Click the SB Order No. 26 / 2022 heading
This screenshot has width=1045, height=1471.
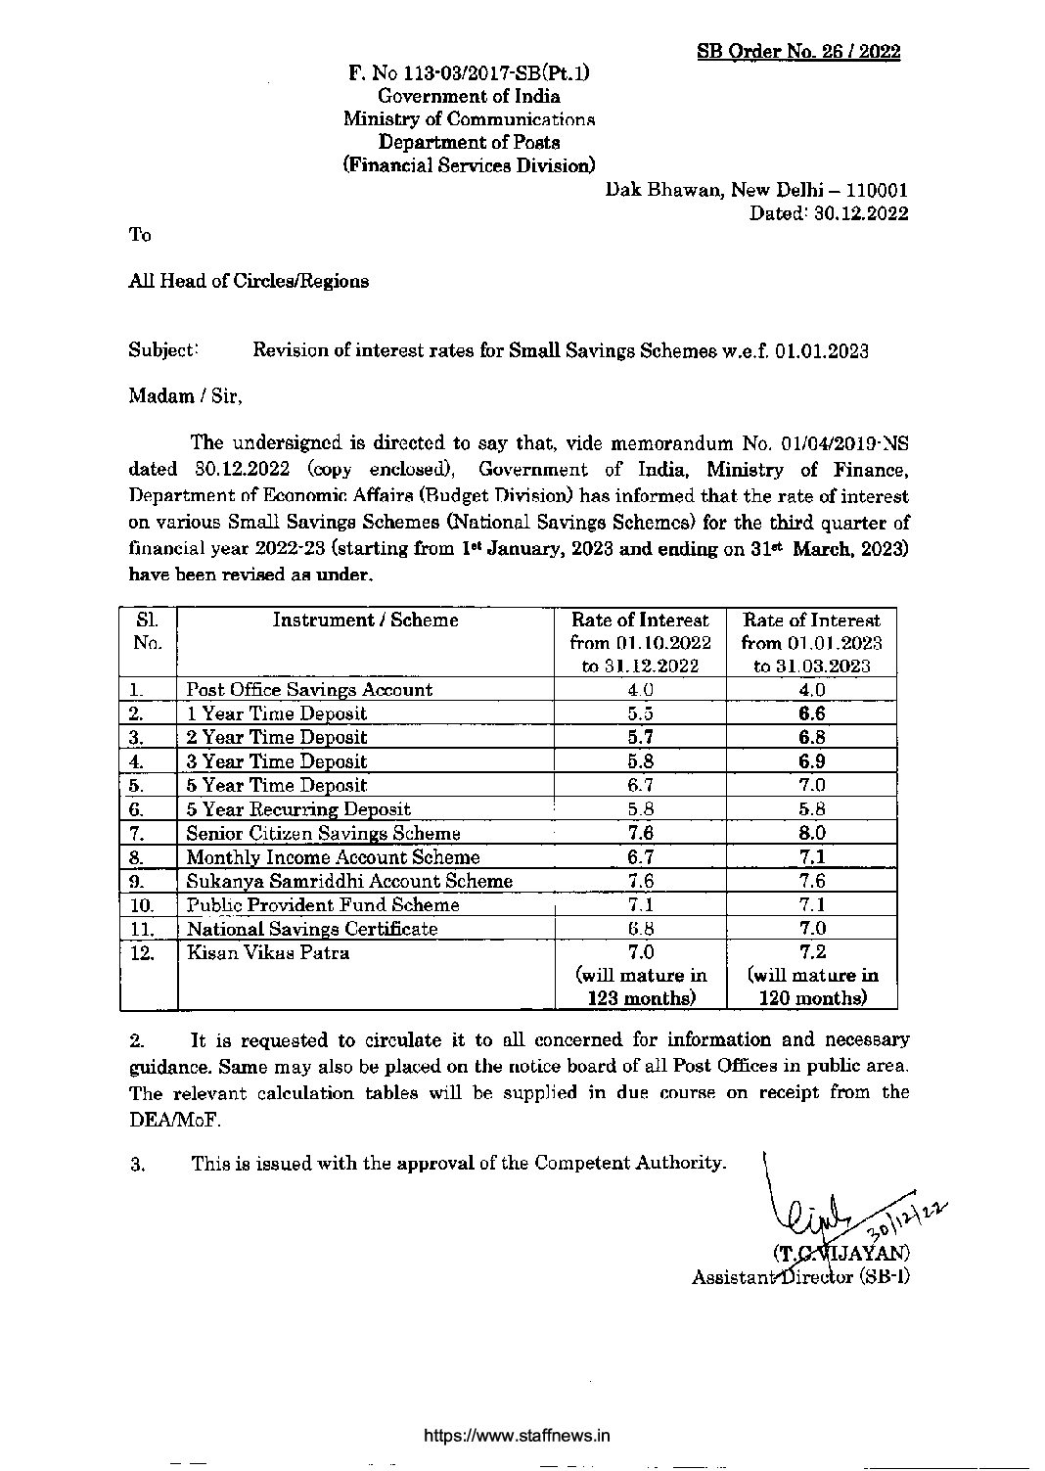pyautogui.click(x=798, y=52)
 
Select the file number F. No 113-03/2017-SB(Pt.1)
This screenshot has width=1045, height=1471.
pyautogui.click(x=469, y=72)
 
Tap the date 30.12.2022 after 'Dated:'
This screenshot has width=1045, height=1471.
pyautogui.click(x=860, y=213)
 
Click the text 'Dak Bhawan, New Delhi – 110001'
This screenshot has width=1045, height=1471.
pyautogui.click(x=756, y=190)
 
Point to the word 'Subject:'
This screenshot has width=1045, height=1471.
pyautogui.click(x=163, y=349)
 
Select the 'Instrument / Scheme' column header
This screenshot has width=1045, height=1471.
pyautogui.click(x=365, y=620)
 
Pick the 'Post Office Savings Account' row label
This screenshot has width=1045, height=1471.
pyautogui.click(x=309, y=689)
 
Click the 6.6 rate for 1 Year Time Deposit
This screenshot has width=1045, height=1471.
pyautogui.click(x=811, y=713)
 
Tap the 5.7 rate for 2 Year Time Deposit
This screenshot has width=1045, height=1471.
pyautogui.click(x=641, y=737)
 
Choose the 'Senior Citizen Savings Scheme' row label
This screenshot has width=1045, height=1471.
pyautogui.click(x=323, y=833)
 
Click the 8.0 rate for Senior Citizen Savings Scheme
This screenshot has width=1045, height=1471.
pyautogui.click(x=811, y=833)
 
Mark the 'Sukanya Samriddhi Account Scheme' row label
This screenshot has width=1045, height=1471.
pyautogui.click(x=349, y=881)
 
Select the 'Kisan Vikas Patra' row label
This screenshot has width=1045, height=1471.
pyautogui.click(x=267, y=952)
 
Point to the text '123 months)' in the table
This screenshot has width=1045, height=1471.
pyautogui.click(x=641, y=998)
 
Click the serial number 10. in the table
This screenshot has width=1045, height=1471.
pyautogui.click(x=142, y=905)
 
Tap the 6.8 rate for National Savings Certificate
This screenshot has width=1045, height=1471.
pyautogui.click(x=641, y=929)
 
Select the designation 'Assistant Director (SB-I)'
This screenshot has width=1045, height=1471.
pyautogui.click(x=800, y=1277)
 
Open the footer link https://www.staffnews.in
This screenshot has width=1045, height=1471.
pyautogui.click(x=517, y=1436)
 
